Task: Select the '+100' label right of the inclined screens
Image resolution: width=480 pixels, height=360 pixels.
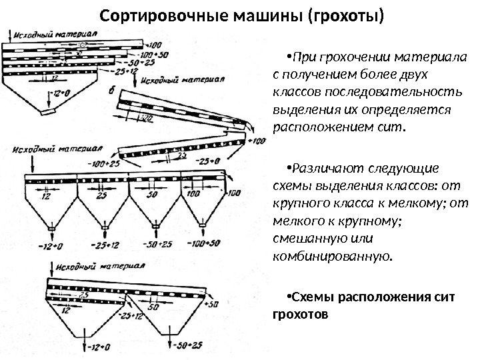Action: coord(256,141)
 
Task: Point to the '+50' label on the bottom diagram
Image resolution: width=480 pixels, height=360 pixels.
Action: coord(213,304)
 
